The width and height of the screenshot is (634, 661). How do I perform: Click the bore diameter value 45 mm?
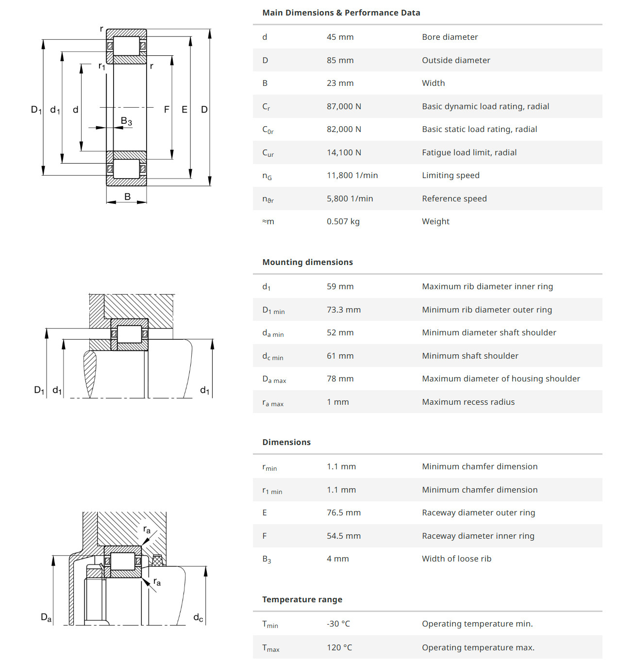pyautogui.click(x=340, y=37)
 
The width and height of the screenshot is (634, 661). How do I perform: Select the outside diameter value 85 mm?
pyautogui.click(x=340, y=60)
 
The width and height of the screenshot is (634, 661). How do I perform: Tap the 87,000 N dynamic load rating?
pyautogui.click(x=344, y=106)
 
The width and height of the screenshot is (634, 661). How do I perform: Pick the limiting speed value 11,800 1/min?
pyautogui.click(x=352, y=175)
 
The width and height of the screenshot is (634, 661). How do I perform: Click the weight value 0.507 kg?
pyautogui.click(x=343, y=221)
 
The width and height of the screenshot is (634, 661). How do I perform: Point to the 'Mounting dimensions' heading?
pyautogui.click(x=307, y=262)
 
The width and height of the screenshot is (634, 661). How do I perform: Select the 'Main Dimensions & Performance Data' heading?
pyautogui.click(x=341, y=13)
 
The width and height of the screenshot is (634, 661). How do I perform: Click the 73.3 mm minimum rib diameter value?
pyautogui.click(x=343, y=310)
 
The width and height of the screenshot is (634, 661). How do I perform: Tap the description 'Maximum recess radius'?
pyautogui.click(x=468, y=402)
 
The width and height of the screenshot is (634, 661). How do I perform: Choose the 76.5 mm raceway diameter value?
pyautogui.click(x=343, y=512)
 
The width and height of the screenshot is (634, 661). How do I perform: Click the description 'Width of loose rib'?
pyautogui.click(x=456, y=559)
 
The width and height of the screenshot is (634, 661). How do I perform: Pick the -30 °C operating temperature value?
pyautogui.click(x=338, y=624)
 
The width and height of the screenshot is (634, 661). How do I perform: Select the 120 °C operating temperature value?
pyautogui.click(x=339, y=647)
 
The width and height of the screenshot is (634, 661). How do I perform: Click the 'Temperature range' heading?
pyautogui.click(x=302, y=599)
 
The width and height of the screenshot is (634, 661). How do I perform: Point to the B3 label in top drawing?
pyautogui.click(x=126, y=121)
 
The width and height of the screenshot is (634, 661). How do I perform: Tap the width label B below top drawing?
pyautogui.click(x=127, y=197)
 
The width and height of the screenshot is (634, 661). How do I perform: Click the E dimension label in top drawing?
pyautogui.click(x=184, y=110)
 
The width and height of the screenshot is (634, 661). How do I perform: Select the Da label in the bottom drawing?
pyautogui.click(x=46, y=617)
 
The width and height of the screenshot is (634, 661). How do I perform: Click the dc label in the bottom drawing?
pyautogui.click(x=198, y=617)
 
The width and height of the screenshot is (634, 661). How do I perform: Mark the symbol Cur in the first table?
pyautogui.click(x=268, y=153)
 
